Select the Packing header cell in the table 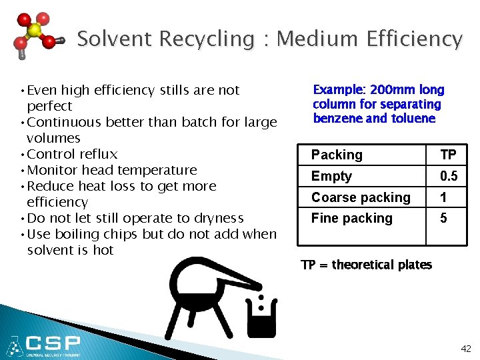(x=337, y=155)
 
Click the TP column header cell (x=448, y=155)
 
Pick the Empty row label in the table (x=331, y=176)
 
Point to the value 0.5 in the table (x=449, y=176)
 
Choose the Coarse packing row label (x=361, y=197)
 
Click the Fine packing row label (x=352, y=218)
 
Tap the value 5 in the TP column (x=444, y=218)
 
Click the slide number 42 (x=465, y=349)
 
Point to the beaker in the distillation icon (x=261, y=318)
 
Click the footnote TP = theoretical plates (x=366, y=265)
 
